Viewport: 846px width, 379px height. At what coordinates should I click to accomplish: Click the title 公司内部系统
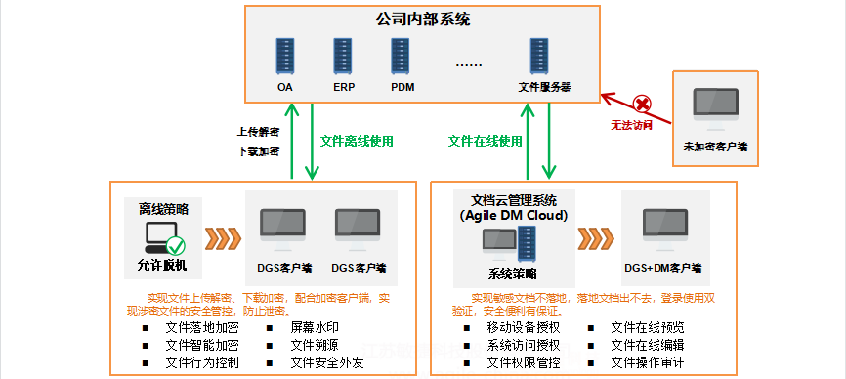point(422,19)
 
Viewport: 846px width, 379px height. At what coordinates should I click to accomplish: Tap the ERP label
point(344,87)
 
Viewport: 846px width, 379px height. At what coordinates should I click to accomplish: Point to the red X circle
point(642,103)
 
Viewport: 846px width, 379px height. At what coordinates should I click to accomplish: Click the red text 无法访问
point(631,125)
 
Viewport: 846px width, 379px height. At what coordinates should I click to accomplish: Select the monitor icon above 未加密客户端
point(716,108)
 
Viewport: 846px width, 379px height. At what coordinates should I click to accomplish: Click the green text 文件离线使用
point(357,141)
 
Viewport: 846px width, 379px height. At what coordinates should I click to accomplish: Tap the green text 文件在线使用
point(486,141)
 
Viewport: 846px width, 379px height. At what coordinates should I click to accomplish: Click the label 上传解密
point(258,131)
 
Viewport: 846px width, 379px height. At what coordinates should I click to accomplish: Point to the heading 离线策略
point(163,209)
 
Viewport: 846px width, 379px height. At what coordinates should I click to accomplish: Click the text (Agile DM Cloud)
point(513,215)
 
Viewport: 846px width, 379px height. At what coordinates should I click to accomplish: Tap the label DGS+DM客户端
point(663,266)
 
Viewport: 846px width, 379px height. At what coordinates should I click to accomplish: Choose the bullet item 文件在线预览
point(647,327)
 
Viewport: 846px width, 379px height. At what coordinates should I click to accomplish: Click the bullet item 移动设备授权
point(524,327)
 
